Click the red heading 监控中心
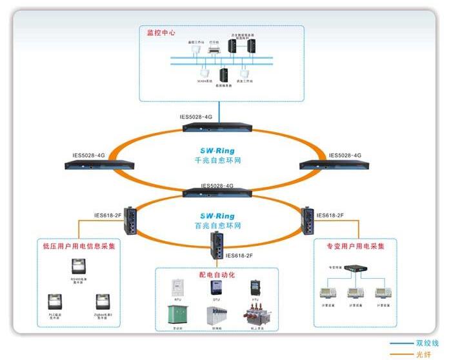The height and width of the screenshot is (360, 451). click(x=161, y=32)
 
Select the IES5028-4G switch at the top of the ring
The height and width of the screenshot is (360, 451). click(x=219, y=126)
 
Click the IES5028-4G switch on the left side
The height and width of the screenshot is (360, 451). click(x=98, y=164)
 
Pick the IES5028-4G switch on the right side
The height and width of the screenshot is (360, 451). click(x=334, y=164)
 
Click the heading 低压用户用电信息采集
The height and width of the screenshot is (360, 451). click(x=79, y=246)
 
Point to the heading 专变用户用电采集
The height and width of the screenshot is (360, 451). click(x=354, y=246)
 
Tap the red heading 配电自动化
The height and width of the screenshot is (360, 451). click(x=217, y=275)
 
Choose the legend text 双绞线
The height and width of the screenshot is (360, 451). click(x=426, y=344)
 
